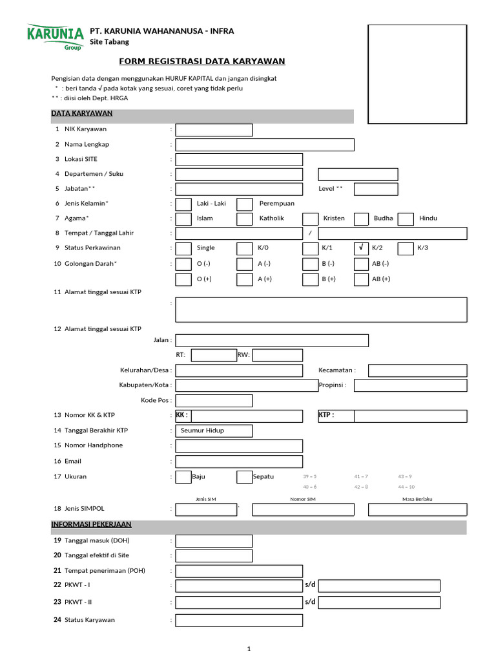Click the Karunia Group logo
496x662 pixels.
tap(55, 36)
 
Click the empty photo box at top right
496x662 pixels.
tap(417, 74)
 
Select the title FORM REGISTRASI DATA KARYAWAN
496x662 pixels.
tap(202, 61)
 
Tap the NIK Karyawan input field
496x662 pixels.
tap(214, 130)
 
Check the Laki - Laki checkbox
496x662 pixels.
tap(183, 204)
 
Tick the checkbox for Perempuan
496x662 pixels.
tap(245, 204)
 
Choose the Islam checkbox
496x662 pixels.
tap(183, 219)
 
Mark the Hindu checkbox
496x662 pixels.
tap(406, 219)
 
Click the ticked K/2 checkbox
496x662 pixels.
tap(361, 248)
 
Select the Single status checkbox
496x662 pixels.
tap(183, 248)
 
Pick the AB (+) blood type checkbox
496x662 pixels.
tap(361, 279)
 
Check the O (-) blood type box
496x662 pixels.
tap(183, 264)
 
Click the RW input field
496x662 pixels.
tap(277, 355)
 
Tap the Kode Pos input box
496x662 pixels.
tap(214, 401)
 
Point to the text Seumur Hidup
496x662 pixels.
tap(202, 431)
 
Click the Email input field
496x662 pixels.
tap(239, 462)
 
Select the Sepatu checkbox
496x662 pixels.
tap(245, 477)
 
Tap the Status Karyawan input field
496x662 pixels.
tap(239, 621)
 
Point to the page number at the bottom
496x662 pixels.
tap(249, 649)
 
